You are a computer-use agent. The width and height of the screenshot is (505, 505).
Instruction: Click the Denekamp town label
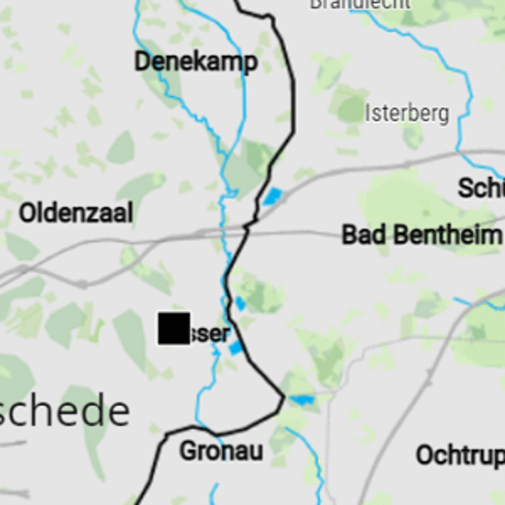tap(196, 62)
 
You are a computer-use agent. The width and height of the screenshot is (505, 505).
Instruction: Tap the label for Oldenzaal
tap(76, 213)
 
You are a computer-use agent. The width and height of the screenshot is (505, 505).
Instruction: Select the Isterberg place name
tap(407, 114)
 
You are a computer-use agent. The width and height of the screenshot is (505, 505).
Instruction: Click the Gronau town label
tap(221, 451)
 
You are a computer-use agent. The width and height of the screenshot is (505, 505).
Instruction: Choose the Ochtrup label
tap(460, 454)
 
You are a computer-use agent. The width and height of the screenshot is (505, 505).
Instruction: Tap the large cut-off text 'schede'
tap(63, 412)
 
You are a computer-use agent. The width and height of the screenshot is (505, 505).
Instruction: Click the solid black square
tap(174, 328)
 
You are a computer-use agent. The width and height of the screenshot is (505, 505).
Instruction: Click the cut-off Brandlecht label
tap(360, 4)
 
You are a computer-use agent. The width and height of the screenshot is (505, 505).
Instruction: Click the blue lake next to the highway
tap(273, 196)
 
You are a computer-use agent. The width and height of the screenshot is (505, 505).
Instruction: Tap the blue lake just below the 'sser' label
tap(235, 348)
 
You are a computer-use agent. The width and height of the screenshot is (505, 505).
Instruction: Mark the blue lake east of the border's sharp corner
tap(302, 399)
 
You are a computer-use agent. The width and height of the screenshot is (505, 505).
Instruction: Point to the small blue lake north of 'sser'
tap(241, 304)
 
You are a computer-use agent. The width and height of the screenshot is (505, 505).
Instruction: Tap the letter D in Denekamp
tap(142, 62)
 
